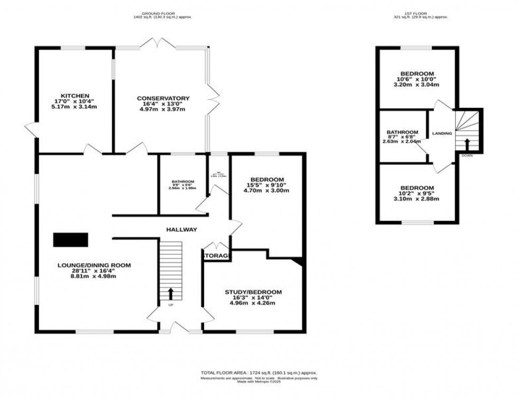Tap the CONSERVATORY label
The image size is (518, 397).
[163, 98]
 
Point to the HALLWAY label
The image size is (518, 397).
[181, 229]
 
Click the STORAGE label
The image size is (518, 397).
[217, 256]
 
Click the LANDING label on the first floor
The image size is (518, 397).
[442, 133]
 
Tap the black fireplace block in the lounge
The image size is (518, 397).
[71, 240]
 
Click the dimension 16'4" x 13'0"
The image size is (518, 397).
[163, 104]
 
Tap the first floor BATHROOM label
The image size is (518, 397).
[403, 132]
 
